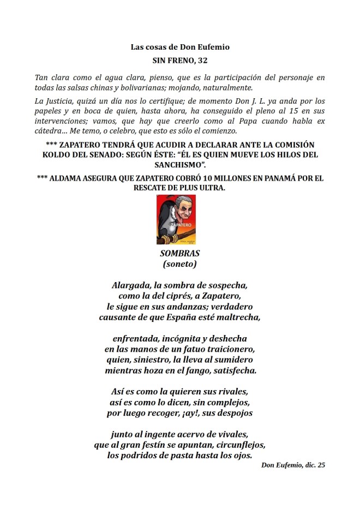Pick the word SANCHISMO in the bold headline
179,164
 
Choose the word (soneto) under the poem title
179,264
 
